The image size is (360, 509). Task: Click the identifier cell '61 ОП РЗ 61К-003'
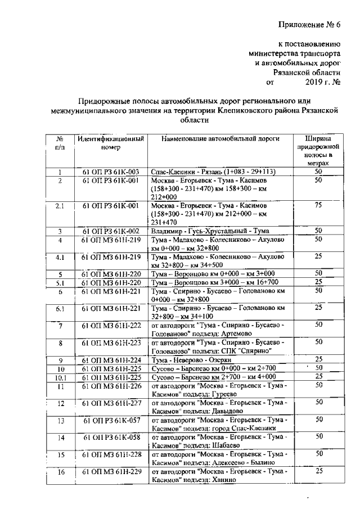click(x=110, y=172)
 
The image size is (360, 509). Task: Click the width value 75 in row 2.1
click(x=318, y=206)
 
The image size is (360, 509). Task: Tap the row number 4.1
click(x=60, y=258)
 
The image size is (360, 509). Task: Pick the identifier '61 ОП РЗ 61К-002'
click(x=111, y=231)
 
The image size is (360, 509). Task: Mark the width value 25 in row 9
click(x=318, y=359)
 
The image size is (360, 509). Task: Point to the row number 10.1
click(x=60, y=377)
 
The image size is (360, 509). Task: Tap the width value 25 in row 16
click(x=318, y=471)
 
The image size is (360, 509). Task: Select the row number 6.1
click(x=60, y=309)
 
